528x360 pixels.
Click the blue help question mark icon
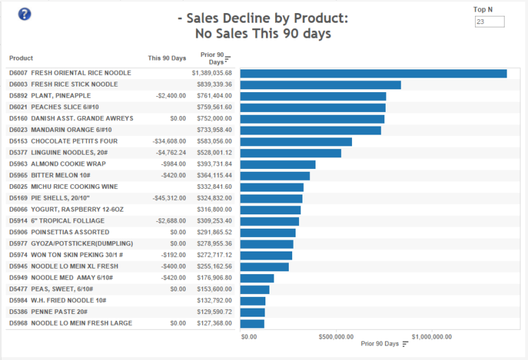click(25, 14)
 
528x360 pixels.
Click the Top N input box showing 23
click(489, 22)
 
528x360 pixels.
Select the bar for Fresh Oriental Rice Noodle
click(373, 74)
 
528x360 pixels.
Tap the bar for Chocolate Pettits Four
click(296, 142)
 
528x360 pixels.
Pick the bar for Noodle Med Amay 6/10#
click(257, 278)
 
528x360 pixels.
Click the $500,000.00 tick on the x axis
click(337, 337)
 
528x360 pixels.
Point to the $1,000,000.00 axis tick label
click(432, 337)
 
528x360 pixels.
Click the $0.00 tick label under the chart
click(250, 337)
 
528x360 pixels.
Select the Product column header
click(21, 58)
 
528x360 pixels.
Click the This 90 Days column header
click(166, 58)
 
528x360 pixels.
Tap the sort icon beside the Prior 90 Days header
click(228, 58)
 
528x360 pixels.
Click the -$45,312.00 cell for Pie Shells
click(169, 199)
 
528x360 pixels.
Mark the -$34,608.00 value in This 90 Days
click(169, 142)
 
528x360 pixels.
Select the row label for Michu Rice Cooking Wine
click(63, 187)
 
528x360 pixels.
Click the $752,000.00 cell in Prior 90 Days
click(214, 119)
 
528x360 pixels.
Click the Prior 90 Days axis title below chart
click(379, 344)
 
